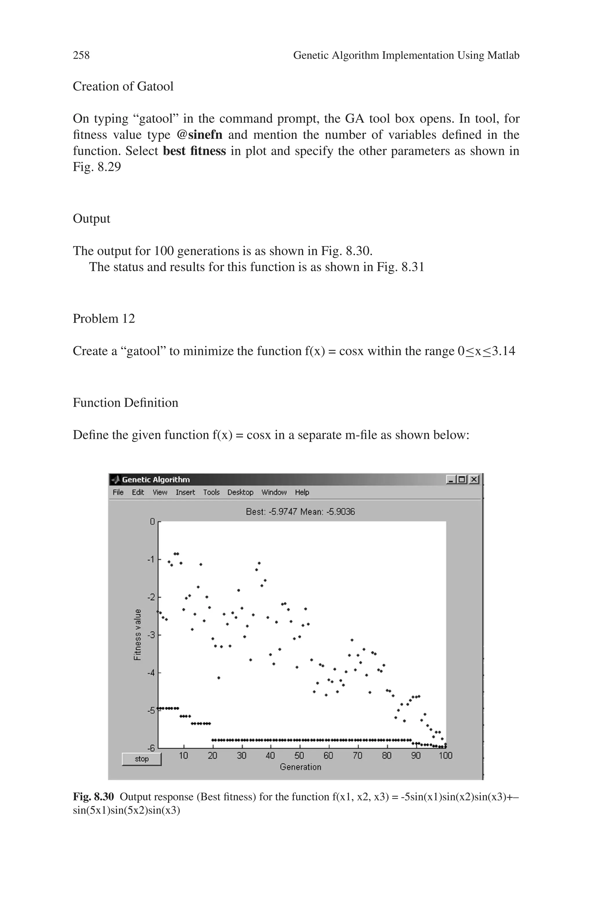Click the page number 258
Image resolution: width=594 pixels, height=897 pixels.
[81, 55]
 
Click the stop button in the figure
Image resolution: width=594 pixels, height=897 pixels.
[142, 759]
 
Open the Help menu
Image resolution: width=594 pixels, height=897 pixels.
[302, 492]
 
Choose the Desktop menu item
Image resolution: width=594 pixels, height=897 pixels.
[240, 492]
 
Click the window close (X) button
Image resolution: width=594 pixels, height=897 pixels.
[474, 480]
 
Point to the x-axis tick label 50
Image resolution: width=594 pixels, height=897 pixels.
[299, 756]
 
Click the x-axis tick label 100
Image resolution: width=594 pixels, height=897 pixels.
[445, 756]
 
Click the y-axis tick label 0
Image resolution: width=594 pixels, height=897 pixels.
[152, 522]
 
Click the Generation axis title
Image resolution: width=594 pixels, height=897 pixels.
[300, 767]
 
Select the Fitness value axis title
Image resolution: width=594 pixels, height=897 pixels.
[137, 634]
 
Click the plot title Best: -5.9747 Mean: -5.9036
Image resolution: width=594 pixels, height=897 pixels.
[300, 512]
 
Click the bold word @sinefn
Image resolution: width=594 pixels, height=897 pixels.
[200, 135]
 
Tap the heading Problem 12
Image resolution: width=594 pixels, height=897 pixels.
[104, 319]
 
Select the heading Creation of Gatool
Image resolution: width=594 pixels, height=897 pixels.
[123, 86]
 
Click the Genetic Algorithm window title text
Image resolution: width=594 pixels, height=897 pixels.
[156, 480]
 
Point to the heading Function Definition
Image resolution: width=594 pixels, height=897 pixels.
[125, 402]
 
